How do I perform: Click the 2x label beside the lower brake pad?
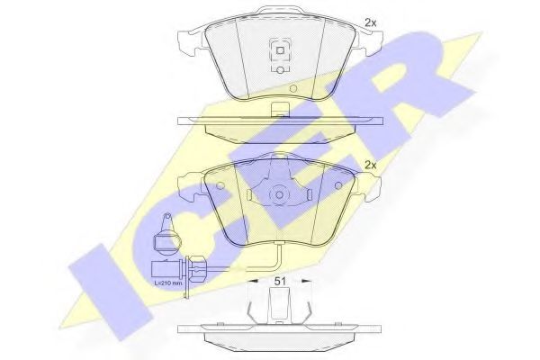click(x=369, y=165)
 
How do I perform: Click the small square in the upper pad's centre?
click(x=279, y=52)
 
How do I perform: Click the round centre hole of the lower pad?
click(x=279, y=193)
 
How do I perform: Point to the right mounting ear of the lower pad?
click(x=370, y=188)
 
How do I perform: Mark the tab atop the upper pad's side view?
click(x=279, y=112)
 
